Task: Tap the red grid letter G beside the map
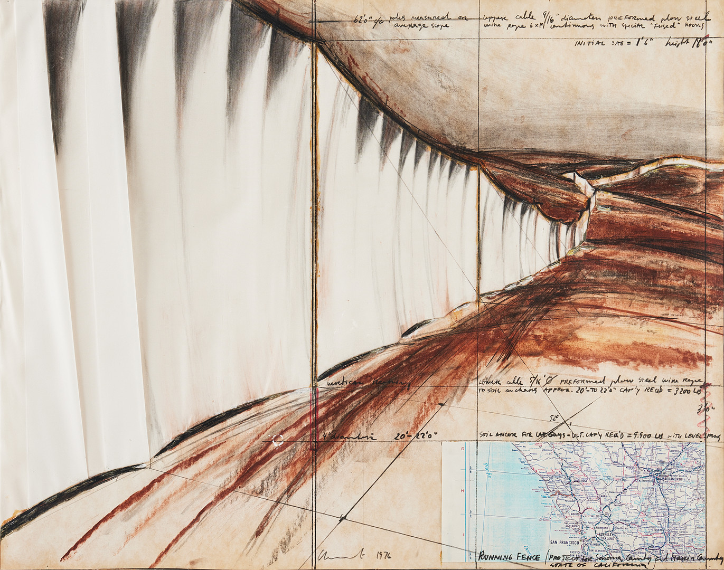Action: pyautogui.click(x=462, y=449)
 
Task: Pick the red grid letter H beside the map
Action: pyautogui.click(x=462, y=490)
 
